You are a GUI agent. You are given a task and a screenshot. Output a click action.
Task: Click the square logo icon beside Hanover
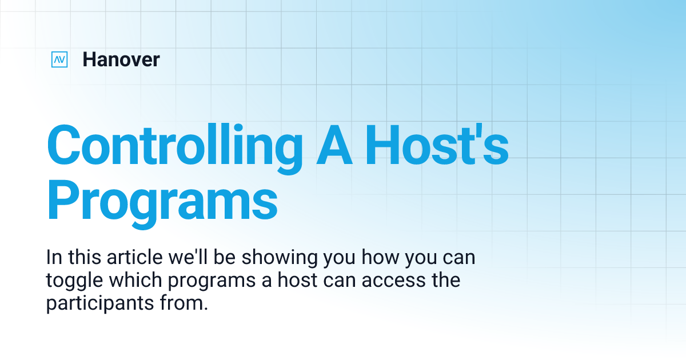(x=59, y=59)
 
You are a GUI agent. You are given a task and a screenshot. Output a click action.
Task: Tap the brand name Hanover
(x=121, y=59)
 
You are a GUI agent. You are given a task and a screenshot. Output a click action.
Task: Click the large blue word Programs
(x=162, y=200)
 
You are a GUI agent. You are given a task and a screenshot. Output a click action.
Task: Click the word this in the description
(x=85, y=258)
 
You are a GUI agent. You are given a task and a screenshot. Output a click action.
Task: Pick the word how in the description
(x=381, y=258)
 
